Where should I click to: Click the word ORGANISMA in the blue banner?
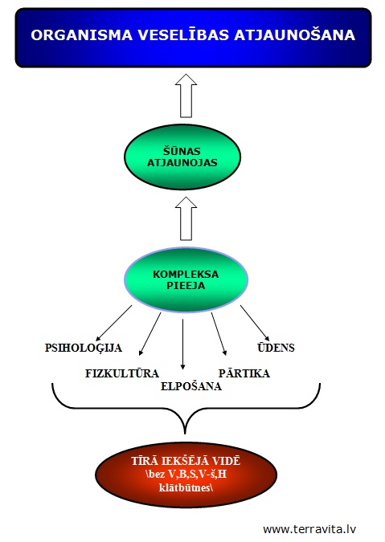tap(82, 35)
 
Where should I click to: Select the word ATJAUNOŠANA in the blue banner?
tap(295, 35)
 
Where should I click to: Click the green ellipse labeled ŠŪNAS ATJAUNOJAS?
tap(182, 157)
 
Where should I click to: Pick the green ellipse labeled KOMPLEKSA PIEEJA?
tap(186, 280)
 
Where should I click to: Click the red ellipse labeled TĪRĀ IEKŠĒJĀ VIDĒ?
tap(186, 475)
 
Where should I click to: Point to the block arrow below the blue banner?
tap(186, 96)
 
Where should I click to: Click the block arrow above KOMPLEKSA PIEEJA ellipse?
tap(186, 218)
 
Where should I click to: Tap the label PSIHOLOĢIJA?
tap(84, 348)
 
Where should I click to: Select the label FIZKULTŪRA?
tap(122, 373)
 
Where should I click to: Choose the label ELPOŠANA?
tap(191, 386)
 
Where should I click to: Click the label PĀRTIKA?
tap(244, 373)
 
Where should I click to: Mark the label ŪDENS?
tap(276, 348)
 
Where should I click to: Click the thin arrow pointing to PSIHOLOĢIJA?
tap(114, 324)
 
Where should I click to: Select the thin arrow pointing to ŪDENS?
tap(255, 324)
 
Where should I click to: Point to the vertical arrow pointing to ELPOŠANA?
tap(182, 344)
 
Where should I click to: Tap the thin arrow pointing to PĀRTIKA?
tap(219, 334)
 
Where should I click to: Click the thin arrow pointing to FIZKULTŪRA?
tap(149, 334)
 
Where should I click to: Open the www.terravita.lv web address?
tap(309, 529)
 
